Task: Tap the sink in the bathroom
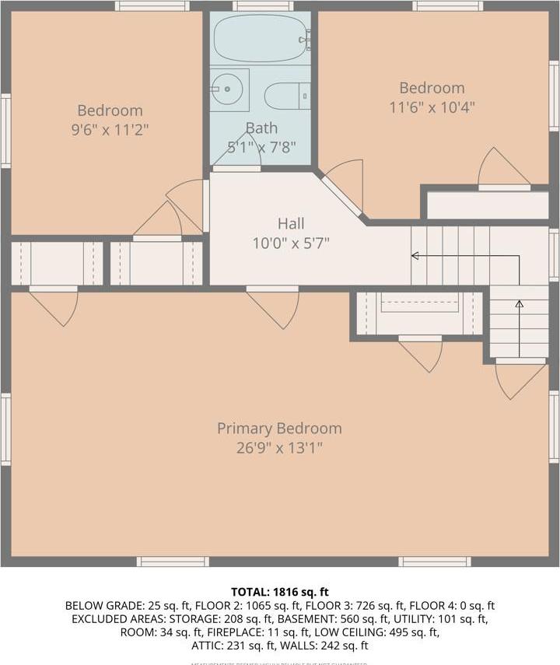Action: pos(228,90)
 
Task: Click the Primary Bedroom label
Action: pos(279,428)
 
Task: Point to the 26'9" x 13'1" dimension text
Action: pos(279,448)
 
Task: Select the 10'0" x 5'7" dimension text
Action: pos(291,243)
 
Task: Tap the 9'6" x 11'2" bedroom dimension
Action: pos(110,130)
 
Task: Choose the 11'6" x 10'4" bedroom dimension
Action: pos(432,107)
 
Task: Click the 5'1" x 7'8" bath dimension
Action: pos(261,147)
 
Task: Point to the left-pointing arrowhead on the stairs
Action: pos(415,255)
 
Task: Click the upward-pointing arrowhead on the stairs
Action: pos(519,303)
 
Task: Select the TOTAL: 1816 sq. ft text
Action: pos(279,591)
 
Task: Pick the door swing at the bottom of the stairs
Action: pos(520,380)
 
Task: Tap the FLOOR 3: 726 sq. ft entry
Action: pos(361,605)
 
